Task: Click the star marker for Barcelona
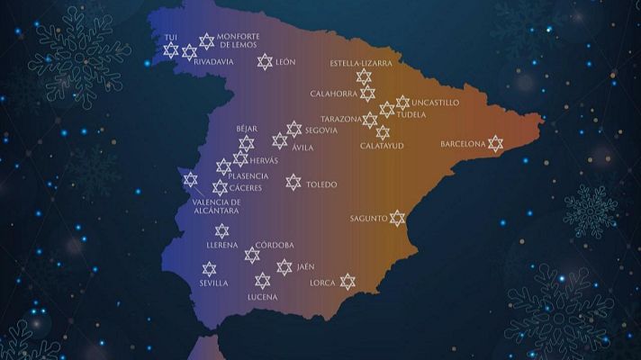(x=494, y=144)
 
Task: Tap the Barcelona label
(x=463, y=144)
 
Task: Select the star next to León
(x=264, y=61)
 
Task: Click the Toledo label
(x=321, y=184)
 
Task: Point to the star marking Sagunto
(x=397, y=218)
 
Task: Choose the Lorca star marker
(x=348, y=282)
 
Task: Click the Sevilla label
(x=213, y=283)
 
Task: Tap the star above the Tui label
(x=171, y=50)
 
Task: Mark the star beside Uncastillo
(x=402, y=103)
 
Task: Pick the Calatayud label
(x=382, y=146)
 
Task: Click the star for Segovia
(x=294, y=130)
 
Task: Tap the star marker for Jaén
(x=284, y=267)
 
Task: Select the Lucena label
(x=262, y=296)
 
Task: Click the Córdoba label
(x=275, y=245)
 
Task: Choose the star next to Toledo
(x=293, y=183)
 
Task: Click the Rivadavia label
(x=214, y=61)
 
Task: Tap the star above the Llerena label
(x=221, y=231)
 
